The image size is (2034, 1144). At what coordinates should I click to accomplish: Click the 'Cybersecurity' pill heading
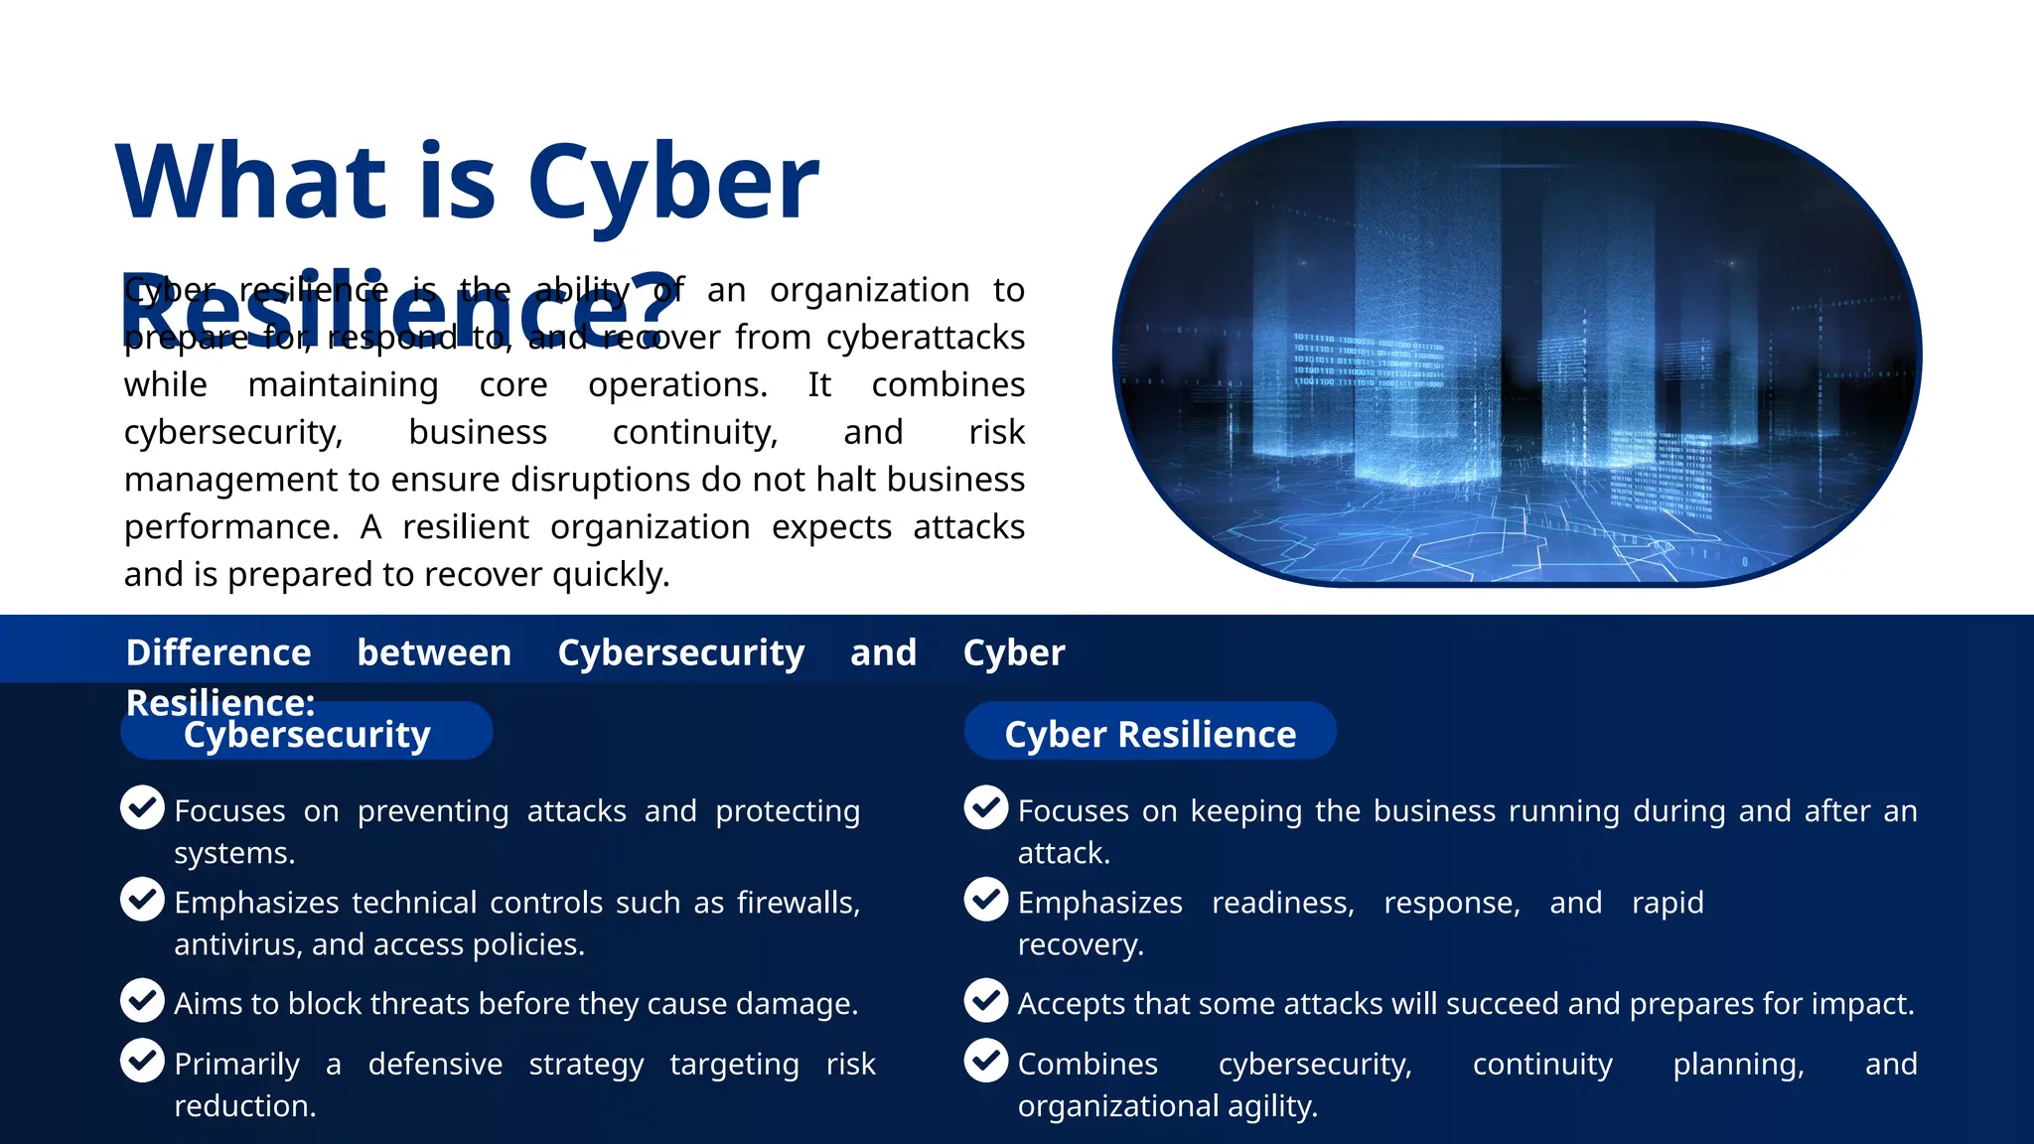pyautogui.click(x=307, y=734)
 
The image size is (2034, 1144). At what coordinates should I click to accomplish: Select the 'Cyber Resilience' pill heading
pyautogui.click(x=1150, y=734)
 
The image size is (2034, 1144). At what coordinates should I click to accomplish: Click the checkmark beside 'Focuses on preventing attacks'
pyautogui.click(x=142, y=807)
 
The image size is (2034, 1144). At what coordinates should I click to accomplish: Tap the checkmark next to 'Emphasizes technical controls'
pyautogui.click(x=142, y=899)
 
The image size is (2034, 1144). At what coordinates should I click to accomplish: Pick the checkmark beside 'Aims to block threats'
pyautogui.click(x=142, y=1000)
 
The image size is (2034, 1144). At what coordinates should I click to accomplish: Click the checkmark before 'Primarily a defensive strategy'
pyautogui.click(x=142, y=1061)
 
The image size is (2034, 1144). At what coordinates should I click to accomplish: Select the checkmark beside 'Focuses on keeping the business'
pyautogui.click(x=986, y=807)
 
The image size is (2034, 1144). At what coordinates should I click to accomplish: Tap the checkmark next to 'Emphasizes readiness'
pyautogui.click(x=986, y=899)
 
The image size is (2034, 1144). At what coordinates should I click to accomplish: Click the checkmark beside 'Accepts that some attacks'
pyautogui.click(x=986, y=1000)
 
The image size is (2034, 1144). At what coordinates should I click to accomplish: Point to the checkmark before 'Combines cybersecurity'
pyautogui.click(x=986, y=1061)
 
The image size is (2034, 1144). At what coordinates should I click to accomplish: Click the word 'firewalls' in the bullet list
pyautogui.click(x=797, y=903)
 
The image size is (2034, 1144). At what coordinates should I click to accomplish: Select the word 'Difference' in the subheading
pyautogui.click(x=218, y=652)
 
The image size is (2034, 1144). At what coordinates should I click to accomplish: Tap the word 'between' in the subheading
pyautogui.click(x=434, y=652)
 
